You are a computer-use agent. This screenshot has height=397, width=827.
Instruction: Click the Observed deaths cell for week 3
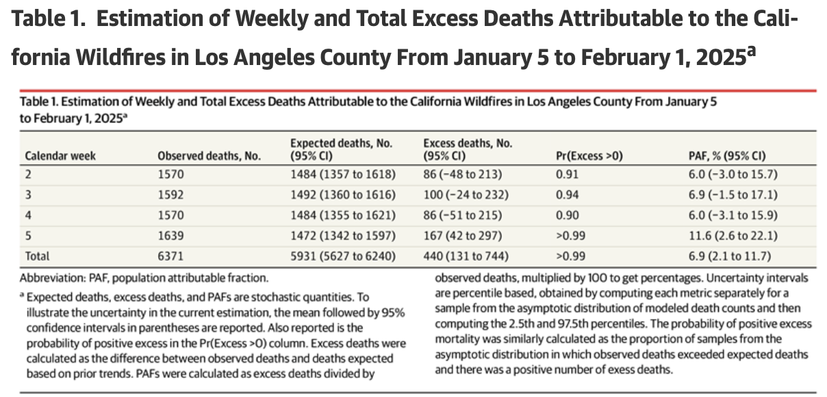click(170, 194)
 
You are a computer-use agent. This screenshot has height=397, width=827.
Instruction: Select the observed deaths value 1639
click(170, 235)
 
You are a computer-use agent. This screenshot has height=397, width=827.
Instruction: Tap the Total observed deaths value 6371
click(170, 256)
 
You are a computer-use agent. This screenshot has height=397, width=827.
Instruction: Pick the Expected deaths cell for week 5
click(342, 235)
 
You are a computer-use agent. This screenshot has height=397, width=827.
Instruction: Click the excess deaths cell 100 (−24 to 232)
click(466, 194)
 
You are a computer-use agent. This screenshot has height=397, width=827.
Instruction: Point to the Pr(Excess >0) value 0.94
click(568, 194)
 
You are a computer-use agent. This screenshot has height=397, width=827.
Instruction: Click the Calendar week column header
click(60, 155)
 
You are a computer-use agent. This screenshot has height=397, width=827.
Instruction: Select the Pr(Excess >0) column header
click(590, 155)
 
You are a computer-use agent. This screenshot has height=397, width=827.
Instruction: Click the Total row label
click(38, 256)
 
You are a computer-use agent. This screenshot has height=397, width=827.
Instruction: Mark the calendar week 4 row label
click(29, 215)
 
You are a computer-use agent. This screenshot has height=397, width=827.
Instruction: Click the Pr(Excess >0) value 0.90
click(568, 215)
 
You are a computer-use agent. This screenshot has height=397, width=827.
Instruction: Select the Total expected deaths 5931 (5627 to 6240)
click(343, 256)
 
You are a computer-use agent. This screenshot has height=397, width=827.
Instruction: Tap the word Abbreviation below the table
click(50, 278)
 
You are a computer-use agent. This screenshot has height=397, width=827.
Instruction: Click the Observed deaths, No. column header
click(209, 155)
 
